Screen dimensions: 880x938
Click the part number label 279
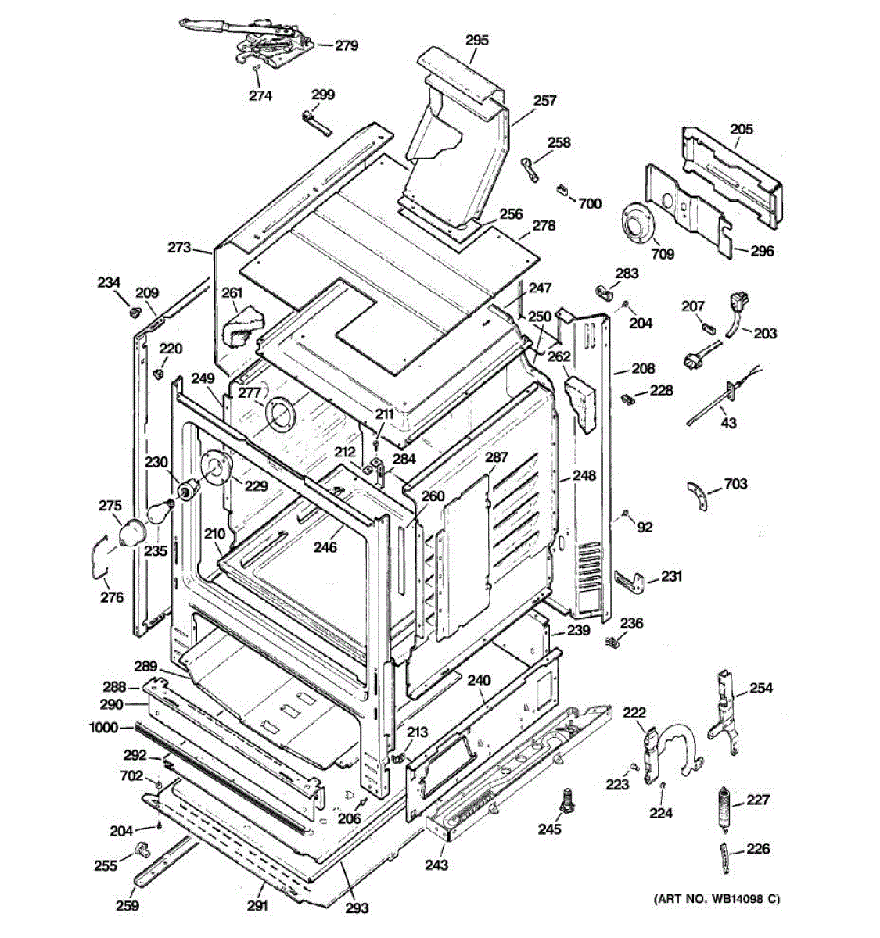(347, 46)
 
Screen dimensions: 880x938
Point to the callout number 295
(476, 40)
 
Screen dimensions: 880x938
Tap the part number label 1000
(103, 728)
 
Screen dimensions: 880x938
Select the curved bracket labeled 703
(699, 496)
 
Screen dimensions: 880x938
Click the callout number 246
(325, 547)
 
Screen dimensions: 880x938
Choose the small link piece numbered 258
(530, 169)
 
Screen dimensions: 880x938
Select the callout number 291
(257, 918)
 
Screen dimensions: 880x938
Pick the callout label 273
(180, 247)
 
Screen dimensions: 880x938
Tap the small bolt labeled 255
(142, 851)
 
